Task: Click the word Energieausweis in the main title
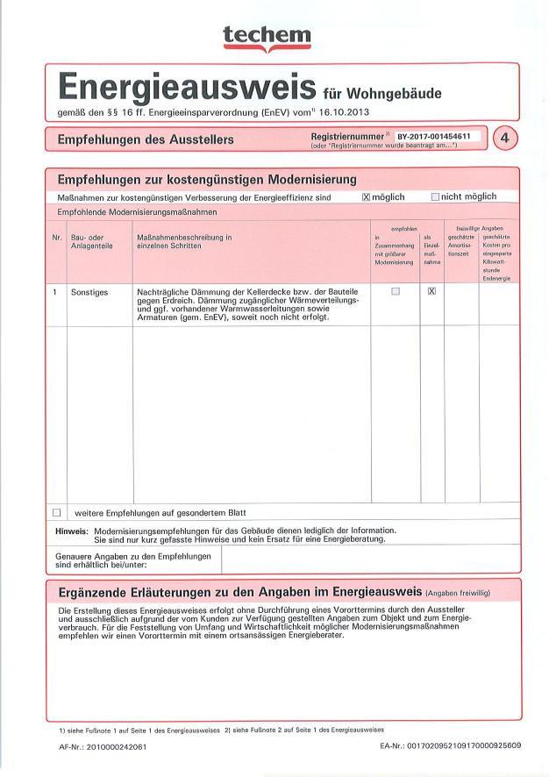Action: coord(186,88)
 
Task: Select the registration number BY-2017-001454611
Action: coord(433,137)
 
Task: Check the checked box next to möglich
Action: coord(367,197)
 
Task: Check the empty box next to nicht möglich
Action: coord(435,197)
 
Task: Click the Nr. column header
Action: coord(57,237)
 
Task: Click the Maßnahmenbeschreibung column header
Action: coord(183,241)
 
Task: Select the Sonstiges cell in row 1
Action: coord(89,292)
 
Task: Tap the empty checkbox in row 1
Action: coord(395,291)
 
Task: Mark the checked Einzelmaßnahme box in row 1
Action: coord(431,291)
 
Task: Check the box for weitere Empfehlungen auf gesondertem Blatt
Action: coord(57,512)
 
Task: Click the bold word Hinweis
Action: coord(70,531)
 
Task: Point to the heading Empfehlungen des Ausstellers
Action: coord(145,139)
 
